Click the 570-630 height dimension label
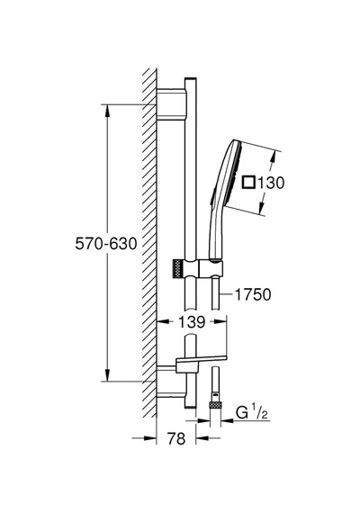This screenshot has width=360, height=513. (x=105, y=244)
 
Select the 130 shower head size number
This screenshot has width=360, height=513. (x=271, y=183)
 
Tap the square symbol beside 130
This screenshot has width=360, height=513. (x=248, y=182)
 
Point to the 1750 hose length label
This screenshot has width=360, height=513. (x=253, y=294)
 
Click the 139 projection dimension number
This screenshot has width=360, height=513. (x=192, y=322)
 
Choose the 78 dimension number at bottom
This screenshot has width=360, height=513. (x=176, y=438)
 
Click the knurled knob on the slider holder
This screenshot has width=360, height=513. (x=177, y=269)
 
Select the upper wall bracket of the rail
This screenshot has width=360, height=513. (x=171, y=104)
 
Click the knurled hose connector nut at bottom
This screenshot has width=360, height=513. (x=215, y=405)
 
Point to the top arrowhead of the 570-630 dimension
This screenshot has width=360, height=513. (x=107, y=111)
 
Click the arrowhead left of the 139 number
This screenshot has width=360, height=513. (x=164, y=322)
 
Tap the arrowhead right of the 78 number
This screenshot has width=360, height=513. (x=202, y=438)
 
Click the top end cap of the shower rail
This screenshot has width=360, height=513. (x=191, y=79)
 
